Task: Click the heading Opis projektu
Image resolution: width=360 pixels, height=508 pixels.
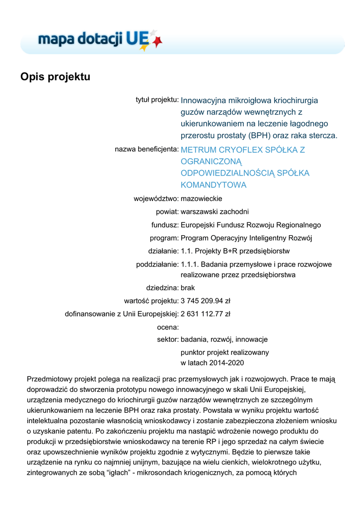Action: coord(55,77)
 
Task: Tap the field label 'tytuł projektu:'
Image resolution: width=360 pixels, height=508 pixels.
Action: coord(157,100)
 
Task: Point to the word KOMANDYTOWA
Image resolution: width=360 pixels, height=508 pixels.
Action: coord(214,185)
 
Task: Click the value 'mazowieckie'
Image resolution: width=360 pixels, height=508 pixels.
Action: coord(202,199)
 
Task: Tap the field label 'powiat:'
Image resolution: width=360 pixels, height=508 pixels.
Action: coord(167,212)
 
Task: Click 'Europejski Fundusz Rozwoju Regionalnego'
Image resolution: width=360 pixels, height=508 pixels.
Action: coord(251,225)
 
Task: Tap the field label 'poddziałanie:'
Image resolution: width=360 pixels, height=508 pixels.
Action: coord(157,264)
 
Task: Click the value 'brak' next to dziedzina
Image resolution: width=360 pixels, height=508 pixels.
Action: coord(188,287)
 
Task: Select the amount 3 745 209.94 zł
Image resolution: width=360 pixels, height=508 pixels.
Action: coord(205,300)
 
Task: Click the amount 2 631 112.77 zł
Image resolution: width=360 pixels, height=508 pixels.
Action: coord(205,314)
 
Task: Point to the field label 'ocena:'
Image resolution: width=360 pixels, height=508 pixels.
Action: coord(167,327)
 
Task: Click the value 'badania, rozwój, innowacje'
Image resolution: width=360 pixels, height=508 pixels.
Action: coord(224,339)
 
